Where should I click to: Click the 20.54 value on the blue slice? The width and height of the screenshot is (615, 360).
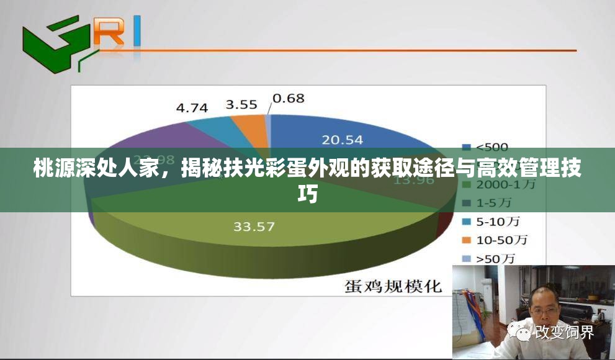pos(343,140)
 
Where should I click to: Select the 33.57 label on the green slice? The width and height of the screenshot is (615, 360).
pos(254,227)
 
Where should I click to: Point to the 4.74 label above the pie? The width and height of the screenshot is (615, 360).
pos(192,107)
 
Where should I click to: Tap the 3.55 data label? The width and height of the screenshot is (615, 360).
pos(241,104)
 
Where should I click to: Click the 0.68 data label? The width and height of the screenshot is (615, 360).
pos(289,98)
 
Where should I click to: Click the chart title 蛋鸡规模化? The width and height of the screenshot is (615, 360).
pos(393,286)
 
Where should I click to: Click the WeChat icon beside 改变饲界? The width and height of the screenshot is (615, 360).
pos(521,332)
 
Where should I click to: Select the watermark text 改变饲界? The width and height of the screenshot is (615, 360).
pos(565,332)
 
